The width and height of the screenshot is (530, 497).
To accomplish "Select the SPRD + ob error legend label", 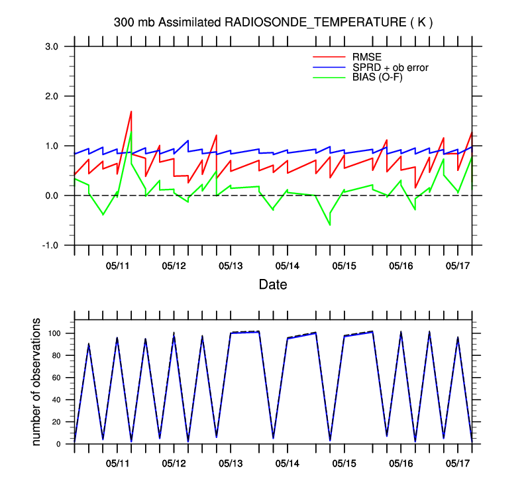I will click(x=390, y=67).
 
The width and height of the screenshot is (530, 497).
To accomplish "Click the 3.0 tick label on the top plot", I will click(x=52, y=46).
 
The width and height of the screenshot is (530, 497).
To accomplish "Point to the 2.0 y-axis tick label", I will click(x=52, y=96).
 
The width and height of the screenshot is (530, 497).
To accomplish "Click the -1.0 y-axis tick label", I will click(x=51, y=245).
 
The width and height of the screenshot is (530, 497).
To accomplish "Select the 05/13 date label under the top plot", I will click(x=231, y=266).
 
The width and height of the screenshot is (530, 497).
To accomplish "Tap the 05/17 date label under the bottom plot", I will click(x=457, y=461).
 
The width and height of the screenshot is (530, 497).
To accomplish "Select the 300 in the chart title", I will click(x=123, y=23).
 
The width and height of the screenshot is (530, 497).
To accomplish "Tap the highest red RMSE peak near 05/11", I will click(x=131, y=111).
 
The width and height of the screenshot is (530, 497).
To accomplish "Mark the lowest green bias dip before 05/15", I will click(x=329, y=225).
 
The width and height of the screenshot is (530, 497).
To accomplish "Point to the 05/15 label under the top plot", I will click(x=344, y=266).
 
